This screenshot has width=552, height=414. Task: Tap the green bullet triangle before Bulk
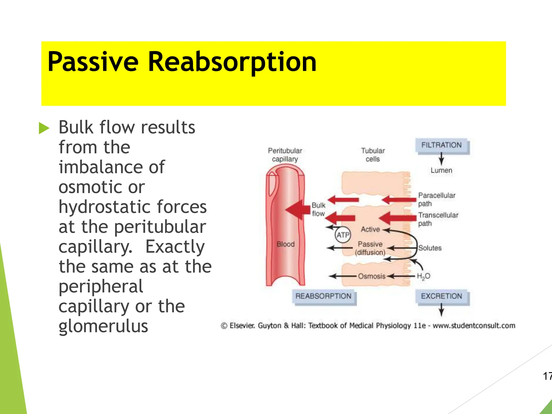click(44, 128)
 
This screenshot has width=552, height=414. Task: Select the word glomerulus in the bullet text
click(103, 326)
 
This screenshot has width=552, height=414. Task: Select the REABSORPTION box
click(323, 296)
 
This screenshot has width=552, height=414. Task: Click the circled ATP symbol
click(343, 235)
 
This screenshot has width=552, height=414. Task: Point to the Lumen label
click(441, 170)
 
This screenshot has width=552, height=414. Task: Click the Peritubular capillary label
click(285, 155)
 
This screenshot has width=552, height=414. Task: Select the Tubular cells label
click(373, 155)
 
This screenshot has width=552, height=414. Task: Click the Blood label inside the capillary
click(285, 244)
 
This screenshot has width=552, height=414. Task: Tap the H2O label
click(423, 276)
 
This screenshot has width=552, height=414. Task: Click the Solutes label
click(430, 248)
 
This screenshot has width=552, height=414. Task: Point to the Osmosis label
click(371, 276)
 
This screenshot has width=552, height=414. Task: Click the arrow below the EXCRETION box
click(441, 310)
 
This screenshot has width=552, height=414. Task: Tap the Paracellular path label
click(436, 199)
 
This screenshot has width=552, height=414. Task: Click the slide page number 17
click(547, 376)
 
